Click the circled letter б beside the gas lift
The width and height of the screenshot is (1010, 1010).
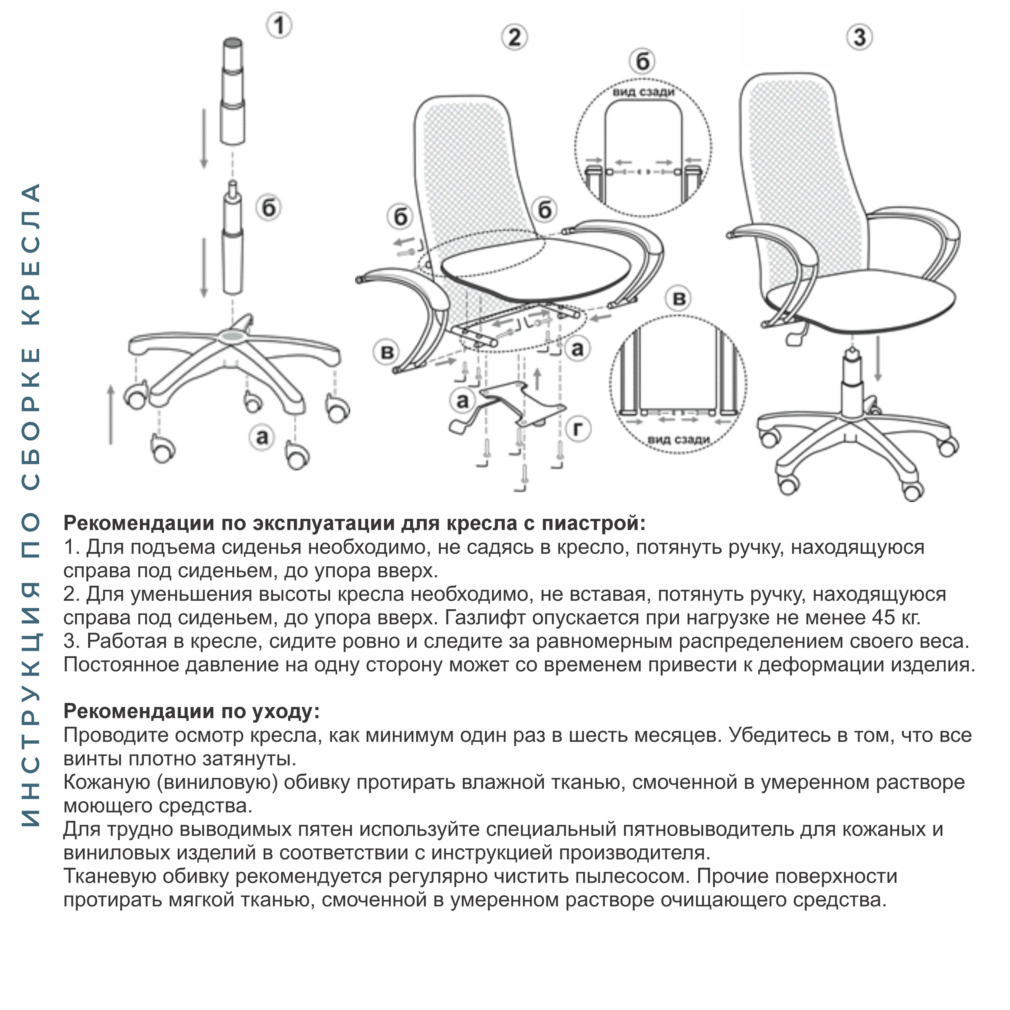pos(269,208)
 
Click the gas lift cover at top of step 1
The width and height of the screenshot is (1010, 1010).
pos(233,91)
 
